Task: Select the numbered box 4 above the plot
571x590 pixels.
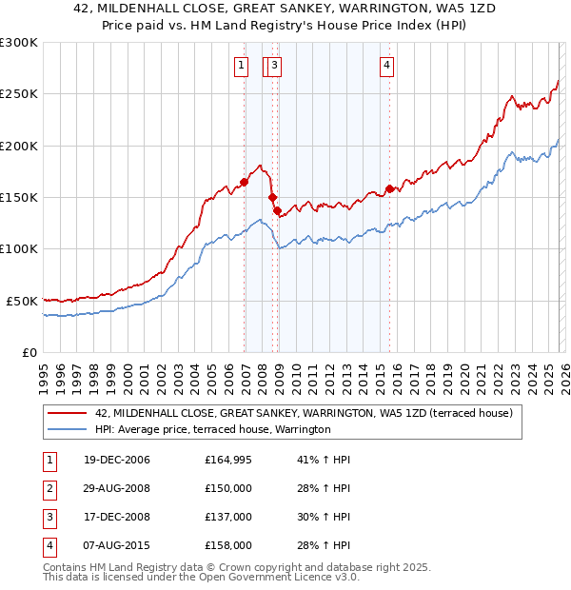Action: (x=387, y=66)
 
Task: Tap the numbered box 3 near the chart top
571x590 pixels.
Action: (x=273, y=66)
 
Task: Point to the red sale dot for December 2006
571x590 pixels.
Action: (x=245, y=182)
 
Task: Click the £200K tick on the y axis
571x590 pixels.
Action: (x=19, y=146)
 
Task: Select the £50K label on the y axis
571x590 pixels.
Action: (x=22, y=301)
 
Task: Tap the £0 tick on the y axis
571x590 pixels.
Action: (x=29, y=352)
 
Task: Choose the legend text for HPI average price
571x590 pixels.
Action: (x=212, y=430)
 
